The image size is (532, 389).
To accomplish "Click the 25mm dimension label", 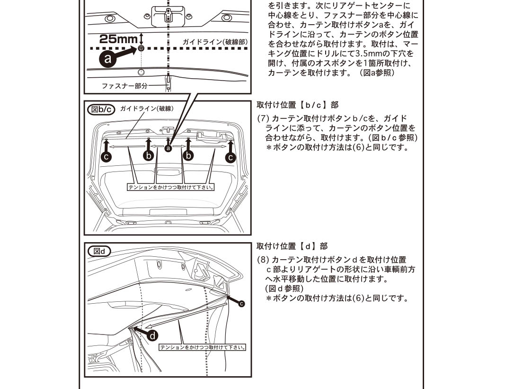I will pos(118,39).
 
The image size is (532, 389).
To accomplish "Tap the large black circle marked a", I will pos(107,59).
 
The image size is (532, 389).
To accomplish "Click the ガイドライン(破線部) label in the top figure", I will pos(215,42).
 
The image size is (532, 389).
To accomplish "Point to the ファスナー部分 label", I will pos(124,86).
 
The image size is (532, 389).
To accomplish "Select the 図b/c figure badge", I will pos(102,109).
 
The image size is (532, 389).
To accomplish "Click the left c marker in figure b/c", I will pos(107,157).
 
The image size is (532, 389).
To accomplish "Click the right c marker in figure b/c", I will pos(231,157).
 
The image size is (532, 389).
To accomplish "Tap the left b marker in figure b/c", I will pos(149,156).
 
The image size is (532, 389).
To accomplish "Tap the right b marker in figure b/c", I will pos(189,156).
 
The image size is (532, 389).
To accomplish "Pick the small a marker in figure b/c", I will pos(168,148).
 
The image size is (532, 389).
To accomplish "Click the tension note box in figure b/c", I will pos(171,187).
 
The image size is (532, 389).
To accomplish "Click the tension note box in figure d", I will pos(203,347).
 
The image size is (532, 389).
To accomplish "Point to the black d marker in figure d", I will pos(153,335).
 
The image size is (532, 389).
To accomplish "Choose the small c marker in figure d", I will pos(242,303).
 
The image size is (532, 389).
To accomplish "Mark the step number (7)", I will pos(263,118).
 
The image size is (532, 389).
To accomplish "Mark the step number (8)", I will pos(263,260).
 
